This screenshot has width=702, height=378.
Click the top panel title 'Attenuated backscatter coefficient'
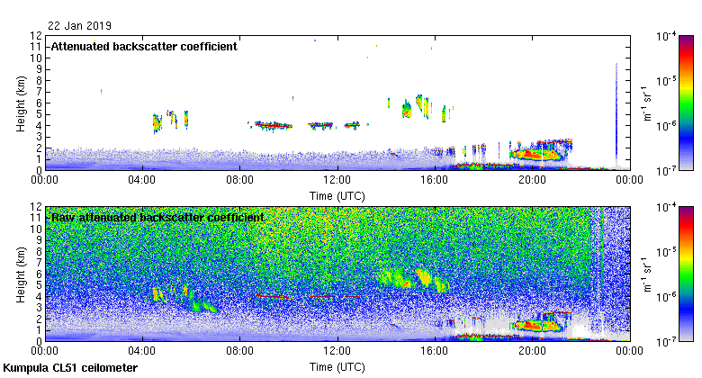click(144, 46)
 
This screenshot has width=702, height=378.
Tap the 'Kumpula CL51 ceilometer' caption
click(71, 368)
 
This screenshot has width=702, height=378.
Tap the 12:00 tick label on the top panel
click(337, 180)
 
